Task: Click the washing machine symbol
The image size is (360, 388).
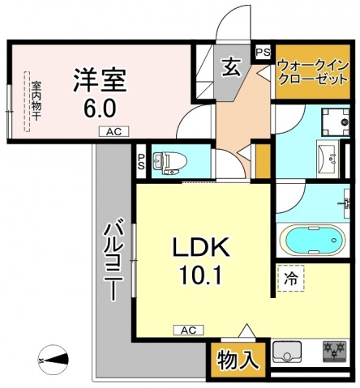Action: click(x=333, y=120)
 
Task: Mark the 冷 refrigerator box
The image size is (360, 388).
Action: click(x=290, y=278)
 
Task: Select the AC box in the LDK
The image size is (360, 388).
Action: click(x=187, y=330)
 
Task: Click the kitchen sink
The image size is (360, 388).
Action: click(x=287, y=353)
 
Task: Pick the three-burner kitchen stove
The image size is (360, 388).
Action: click(x=333, y=352)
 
